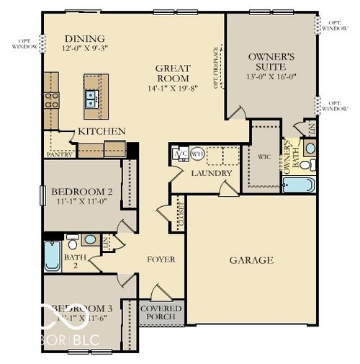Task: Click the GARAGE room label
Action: coord(251,260)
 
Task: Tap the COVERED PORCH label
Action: coord(161,313)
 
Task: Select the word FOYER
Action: coord(161,259)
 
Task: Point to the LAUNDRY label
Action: coord(211,173)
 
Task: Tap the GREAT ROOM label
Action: coord(173,74)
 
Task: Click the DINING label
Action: coord(84,39)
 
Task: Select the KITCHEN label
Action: coord(102,131)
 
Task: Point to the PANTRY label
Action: coord(60,154)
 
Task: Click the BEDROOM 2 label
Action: coord(82,191)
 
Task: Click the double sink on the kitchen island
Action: coord(92,97)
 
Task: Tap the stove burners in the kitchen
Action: coord(51,99)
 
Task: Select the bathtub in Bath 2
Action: coord(53,255)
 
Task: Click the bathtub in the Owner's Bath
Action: coord(298,185)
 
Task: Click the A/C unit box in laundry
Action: coord(181,154)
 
